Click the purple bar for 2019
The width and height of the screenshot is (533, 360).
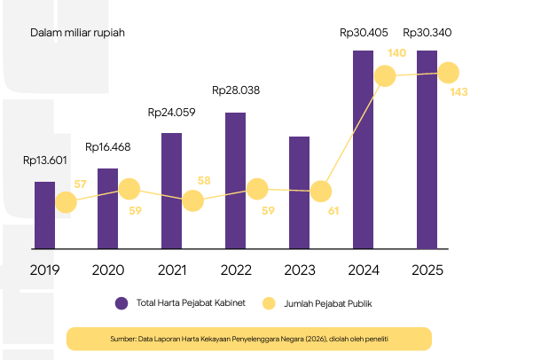(44, 215)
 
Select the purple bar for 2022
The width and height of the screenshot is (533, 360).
(235, 181)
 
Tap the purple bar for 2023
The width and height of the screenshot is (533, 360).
(299, 192)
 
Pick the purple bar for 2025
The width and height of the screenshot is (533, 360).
(427, 150)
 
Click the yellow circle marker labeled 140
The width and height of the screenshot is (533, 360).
(385, 75)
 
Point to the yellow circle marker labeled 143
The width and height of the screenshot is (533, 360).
(449, 73)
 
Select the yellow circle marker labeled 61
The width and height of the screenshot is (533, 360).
(321, 192)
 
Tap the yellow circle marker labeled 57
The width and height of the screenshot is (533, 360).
(66, 202)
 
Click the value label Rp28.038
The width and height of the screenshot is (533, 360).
(236, 90)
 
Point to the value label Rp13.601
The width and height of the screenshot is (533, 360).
(45, 160)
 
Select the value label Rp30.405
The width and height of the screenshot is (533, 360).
(364, 33)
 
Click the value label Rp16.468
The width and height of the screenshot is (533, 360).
(108, 147)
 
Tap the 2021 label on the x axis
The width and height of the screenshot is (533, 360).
(172, 270)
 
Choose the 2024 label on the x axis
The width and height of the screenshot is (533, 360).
(364, 270)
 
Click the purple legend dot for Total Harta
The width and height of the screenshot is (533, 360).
(121, 303)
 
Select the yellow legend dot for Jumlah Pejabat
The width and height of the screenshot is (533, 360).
(269, 303)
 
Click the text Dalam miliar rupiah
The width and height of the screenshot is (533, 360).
(77, 33)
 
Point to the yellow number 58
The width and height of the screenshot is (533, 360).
(204, 181)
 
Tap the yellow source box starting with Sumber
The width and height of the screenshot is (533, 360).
(249, 339)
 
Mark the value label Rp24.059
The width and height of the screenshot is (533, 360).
(172, 113)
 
